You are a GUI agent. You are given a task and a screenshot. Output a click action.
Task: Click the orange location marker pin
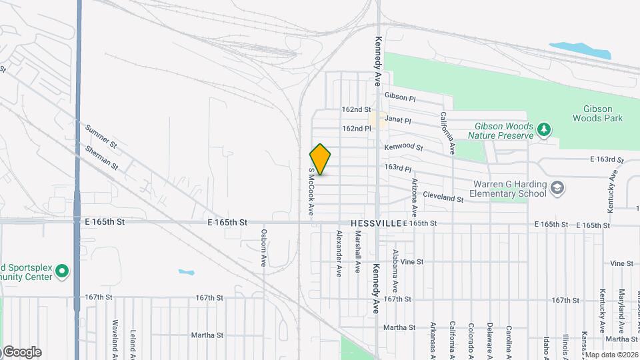click(321, 159)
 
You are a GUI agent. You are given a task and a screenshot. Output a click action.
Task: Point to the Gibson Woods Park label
click(597, 113)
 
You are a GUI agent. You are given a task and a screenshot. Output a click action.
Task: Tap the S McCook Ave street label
click(311, 191)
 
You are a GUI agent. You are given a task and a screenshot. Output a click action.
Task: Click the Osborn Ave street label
click(264, 248)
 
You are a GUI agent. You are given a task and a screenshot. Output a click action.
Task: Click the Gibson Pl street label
click(400, 98)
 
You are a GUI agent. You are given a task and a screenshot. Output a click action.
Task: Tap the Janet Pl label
click(398, 121)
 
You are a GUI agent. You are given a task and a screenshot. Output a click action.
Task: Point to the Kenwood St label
click(404, 146)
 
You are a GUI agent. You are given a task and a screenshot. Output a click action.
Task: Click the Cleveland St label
click(443, 199)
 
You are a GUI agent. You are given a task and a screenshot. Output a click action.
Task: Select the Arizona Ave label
click(415, 193)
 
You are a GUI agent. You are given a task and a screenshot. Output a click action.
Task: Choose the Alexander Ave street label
click(339, 253)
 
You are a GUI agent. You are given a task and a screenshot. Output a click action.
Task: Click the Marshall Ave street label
click(358, 251)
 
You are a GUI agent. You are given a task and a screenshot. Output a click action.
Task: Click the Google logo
click(22, 351)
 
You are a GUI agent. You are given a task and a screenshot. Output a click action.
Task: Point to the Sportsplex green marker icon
click(62, 271)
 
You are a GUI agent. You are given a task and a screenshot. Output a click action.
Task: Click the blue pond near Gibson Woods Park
click(579, 50)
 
